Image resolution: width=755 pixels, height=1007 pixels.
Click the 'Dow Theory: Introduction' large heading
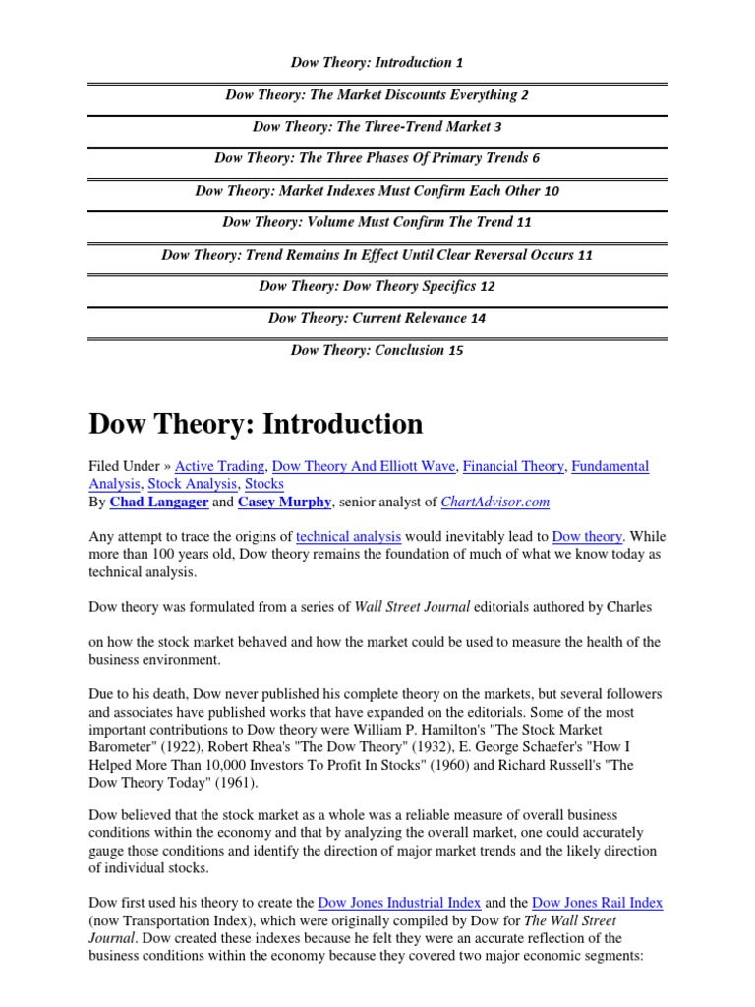coord(256,424)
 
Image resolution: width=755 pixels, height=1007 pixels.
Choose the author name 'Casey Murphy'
coord(284,502)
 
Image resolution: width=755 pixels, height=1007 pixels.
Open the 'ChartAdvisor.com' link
coord(496,502)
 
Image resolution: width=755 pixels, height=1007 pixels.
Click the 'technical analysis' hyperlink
coord(348,537)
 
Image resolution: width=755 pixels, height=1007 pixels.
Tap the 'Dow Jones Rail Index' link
coord(597,903)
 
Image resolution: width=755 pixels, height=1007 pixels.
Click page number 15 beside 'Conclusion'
coord(455,351)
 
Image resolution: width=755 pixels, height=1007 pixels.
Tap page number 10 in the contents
coord(551,191)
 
